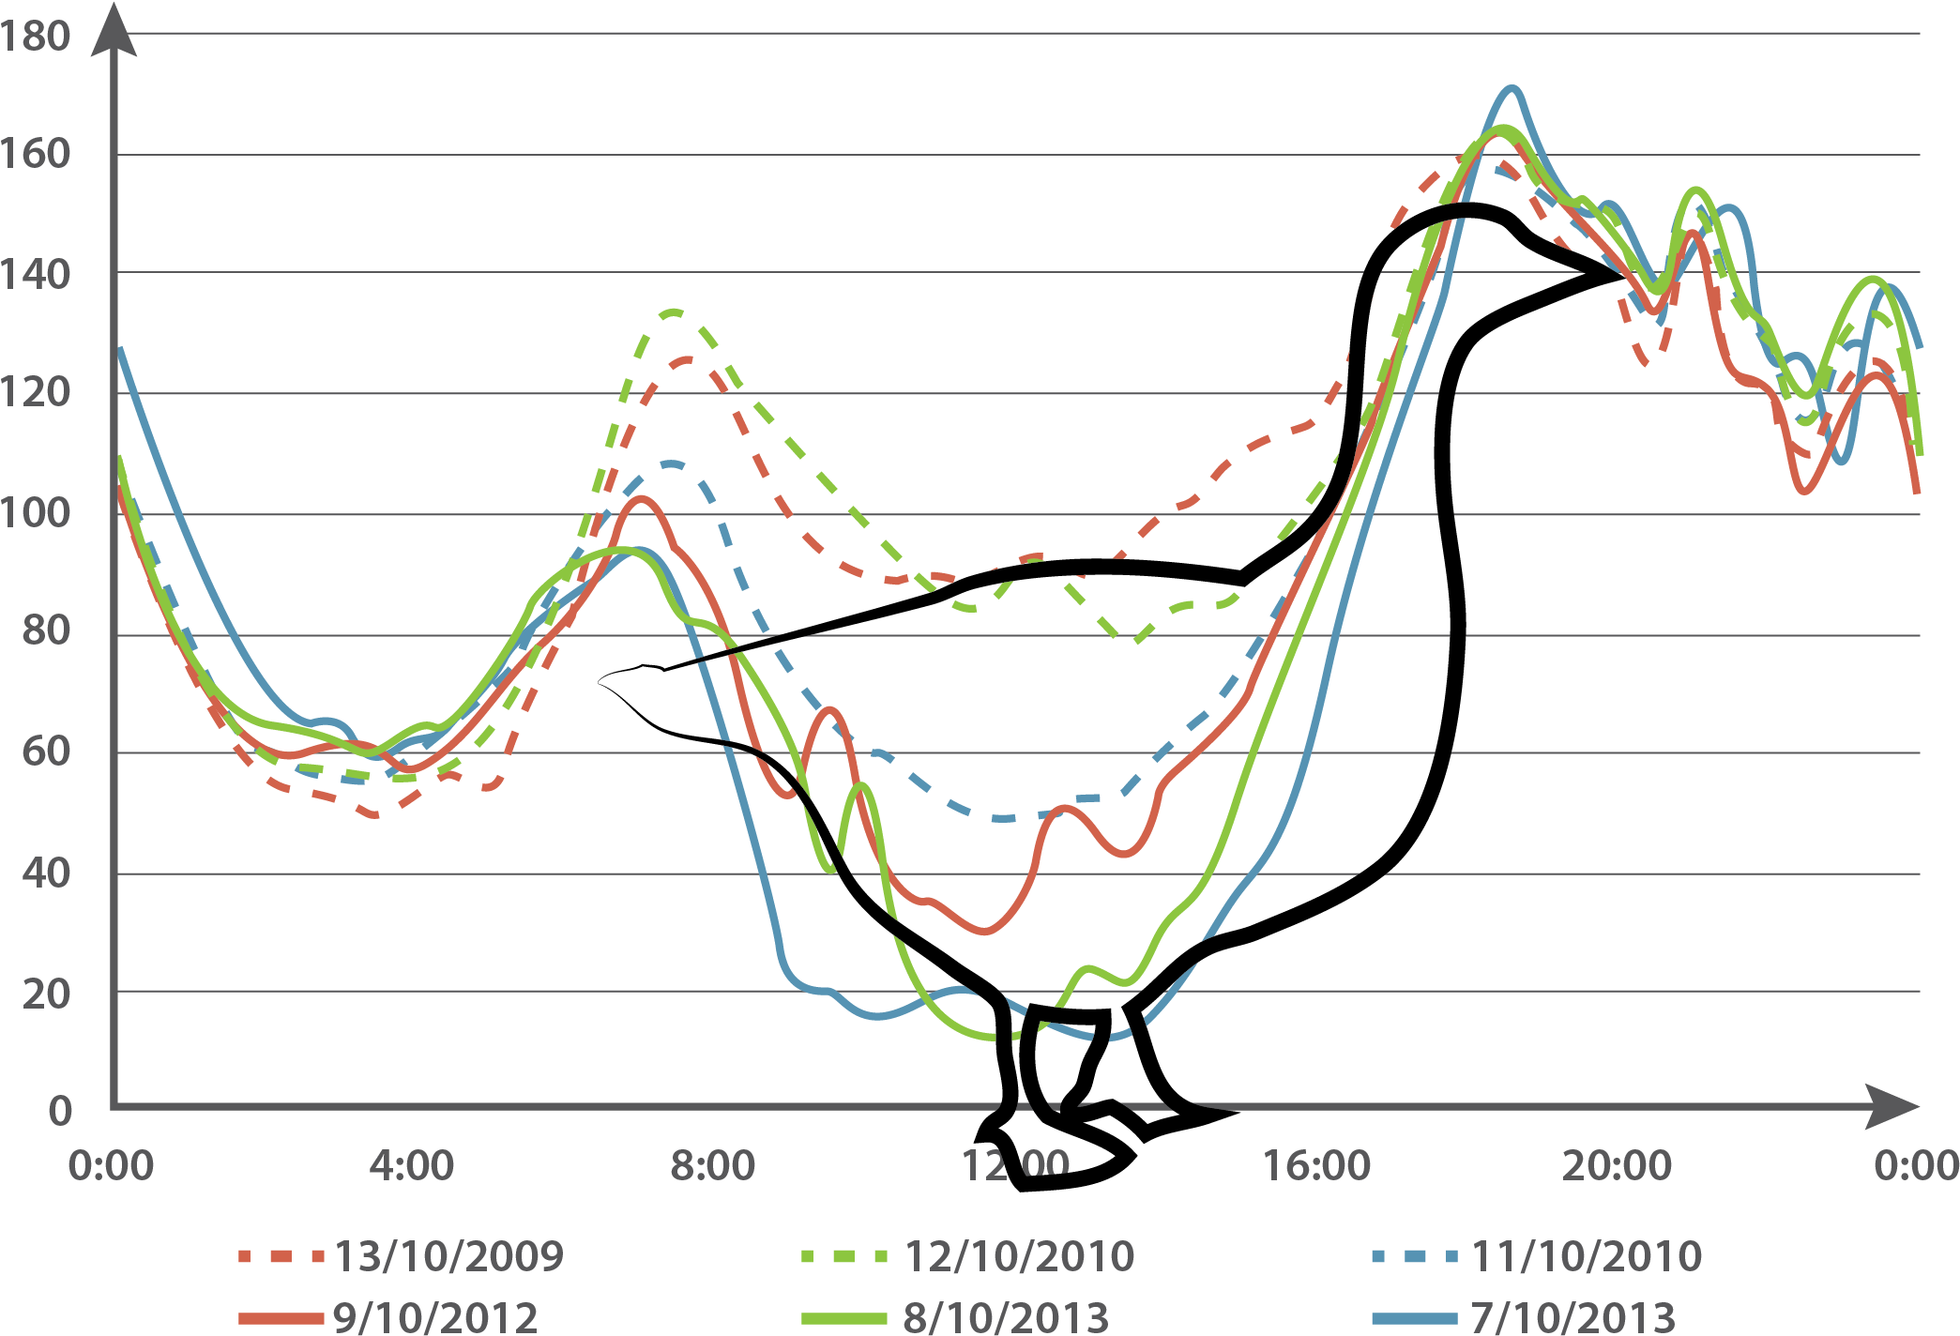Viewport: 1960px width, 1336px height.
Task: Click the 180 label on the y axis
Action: tap(35, 38)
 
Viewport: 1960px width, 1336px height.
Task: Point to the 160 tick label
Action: tap(35, 155)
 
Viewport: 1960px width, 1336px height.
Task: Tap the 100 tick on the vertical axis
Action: tap(35, 513)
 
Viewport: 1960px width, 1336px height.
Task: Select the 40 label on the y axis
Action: tap(44, 873)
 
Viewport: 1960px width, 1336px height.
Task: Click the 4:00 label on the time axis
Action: tap(411, 1166)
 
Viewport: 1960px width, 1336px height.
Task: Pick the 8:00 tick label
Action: tap(712, 1166)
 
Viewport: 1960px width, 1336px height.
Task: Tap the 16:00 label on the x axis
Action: tap(1316, 1166)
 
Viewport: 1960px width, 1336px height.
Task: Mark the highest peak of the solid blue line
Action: tap(1512, 88)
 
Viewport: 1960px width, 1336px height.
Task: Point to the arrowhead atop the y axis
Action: tap(113, 28)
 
